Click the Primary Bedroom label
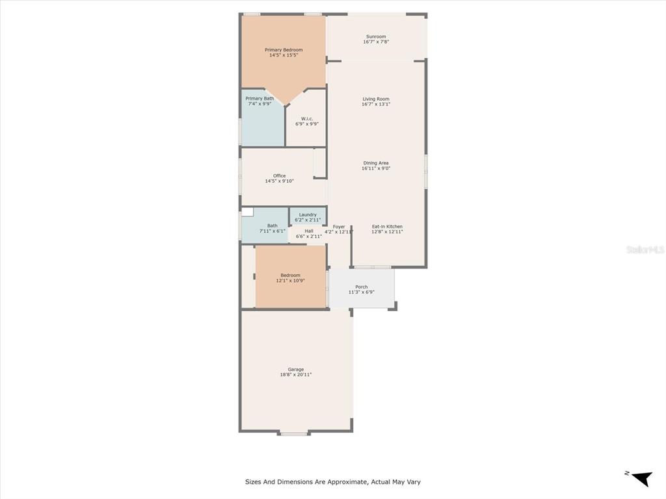click(284, 50)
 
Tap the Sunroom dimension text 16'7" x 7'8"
click(376, 42)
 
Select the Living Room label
click(376, 99)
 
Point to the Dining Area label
click(376, 163)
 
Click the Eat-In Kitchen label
click(387, 227)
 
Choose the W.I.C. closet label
click(307, 119)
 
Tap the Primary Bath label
click(260, 99)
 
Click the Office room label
click(280, 175)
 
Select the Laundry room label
click(308, 214)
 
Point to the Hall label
click(309, 231)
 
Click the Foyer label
click(339, 227)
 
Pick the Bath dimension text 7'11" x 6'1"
click(273, 231)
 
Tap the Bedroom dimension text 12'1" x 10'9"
click(291, 281)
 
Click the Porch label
click(362, 287)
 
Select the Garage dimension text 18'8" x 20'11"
click(296, 375)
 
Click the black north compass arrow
click(642, 479)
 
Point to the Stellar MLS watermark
click(645, 250)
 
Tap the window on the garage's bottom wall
click(294, 433)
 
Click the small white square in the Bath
click(248, 212)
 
